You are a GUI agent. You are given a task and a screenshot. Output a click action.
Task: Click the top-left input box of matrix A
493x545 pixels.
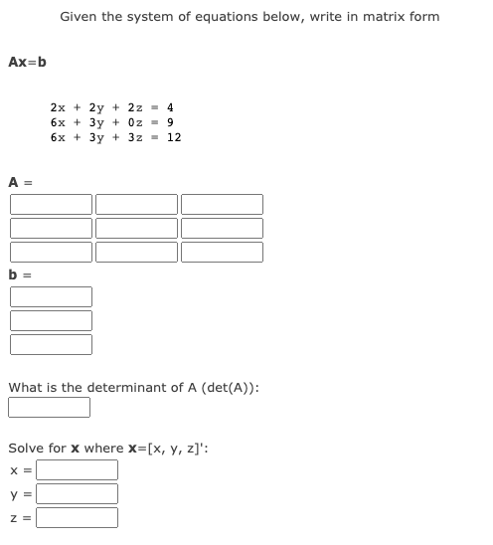point(51,204)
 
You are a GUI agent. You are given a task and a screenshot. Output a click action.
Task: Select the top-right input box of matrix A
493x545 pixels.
point(222,204)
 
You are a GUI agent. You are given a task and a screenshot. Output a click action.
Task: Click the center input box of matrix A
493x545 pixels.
point(136,228)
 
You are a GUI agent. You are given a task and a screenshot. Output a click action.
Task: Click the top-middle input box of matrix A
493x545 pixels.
point(136,204)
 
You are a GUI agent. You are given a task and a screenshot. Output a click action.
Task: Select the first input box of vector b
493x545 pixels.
point(51,296)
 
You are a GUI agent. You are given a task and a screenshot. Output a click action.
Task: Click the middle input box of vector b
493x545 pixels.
point(51,320)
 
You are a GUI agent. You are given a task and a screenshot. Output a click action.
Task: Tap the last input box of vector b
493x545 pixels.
point(51,344)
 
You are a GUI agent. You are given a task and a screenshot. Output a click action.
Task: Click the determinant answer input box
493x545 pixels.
point(50,407)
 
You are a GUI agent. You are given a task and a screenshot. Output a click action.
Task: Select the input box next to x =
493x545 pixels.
point(78,469)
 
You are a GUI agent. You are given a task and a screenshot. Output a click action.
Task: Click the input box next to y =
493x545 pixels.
point(78,493)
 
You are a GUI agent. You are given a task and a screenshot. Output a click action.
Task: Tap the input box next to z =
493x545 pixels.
point(78,517)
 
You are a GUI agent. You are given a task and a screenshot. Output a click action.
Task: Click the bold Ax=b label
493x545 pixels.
point(27,63)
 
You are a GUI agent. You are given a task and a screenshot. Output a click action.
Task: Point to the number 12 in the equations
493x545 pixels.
point(174,138)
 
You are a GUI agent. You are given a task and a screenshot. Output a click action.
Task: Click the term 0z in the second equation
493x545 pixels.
point(141,122)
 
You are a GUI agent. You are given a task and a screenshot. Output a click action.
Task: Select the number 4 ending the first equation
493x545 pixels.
point(171,106)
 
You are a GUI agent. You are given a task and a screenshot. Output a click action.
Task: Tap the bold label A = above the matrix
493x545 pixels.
point(21,182)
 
